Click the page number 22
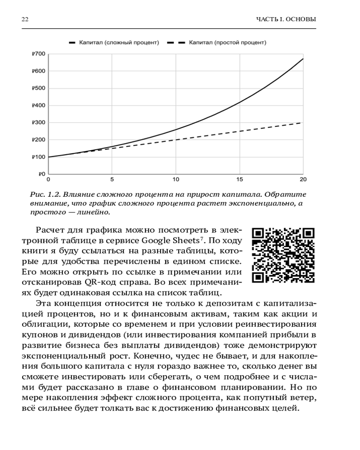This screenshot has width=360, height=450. [x=25, y=19]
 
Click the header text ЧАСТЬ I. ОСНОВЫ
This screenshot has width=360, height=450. [x=286, y=19]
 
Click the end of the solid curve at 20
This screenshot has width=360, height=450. [x=303, y=59]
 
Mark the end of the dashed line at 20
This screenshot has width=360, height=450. [x=303, y=122]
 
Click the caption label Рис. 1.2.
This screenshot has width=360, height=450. [x=45, y=194]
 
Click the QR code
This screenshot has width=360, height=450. [x=283, y=256]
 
